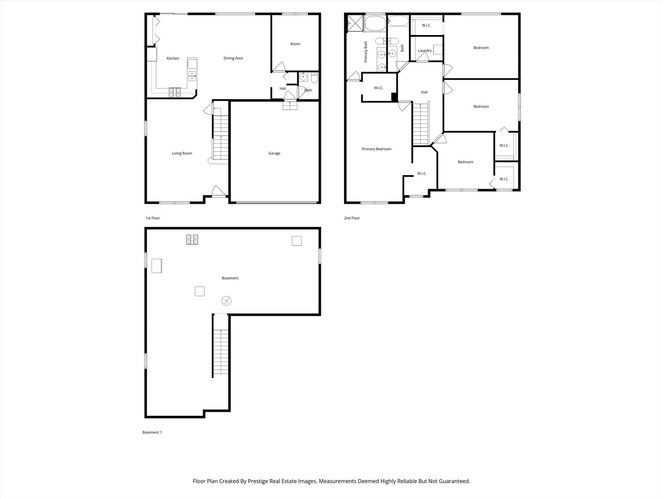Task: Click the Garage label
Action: click(274, 154)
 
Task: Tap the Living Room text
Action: click(182, 154)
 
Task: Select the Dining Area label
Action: click(233, 59)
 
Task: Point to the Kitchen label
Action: click(173, 59)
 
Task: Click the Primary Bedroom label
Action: click(377, 149)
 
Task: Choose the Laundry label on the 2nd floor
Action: click(425, 51)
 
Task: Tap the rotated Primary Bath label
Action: click(366, 52)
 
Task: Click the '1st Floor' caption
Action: click(153, 218)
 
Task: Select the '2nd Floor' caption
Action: click(352, 218)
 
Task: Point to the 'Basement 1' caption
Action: click(152, 433)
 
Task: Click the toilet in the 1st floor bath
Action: click(314, 77)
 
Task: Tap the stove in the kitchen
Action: click(175, 92)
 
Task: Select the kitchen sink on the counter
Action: click(192, 76)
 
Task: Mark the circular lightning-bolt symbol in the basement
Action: click(226, 301)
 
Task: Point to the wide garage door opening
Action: click(274, 202)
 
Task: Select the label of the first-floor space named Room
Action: click(295, 44)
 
